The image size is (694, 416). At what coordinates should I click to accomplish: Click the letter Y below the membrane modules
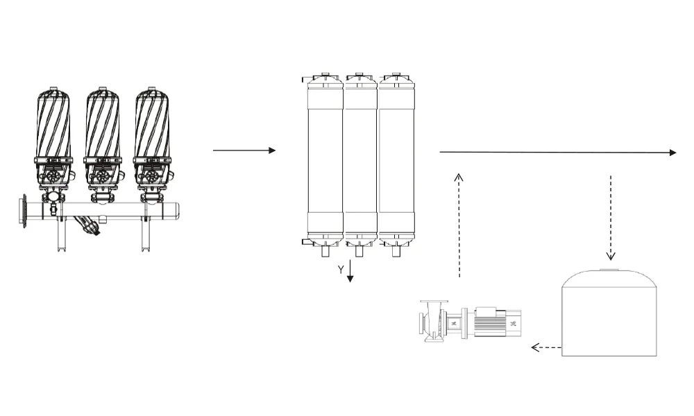tap(340, 270)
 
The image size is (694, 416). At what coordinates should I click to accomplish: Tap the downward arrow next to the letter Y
tap(350, 270)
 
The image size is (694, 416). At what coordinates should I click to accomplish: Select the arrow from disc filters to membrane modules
tap(244, 150)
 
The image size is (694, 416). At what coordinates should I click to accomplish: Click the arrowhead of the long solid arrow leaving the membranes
tap(673, 153)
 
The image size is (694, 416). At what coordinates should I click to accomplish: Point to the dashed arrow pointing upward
tap(459, 225)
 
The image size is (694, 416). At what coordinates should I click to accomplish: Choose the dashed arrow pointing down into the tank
tap(611, 218)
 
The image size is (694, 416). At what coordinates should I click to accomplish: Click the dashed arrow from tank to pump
tap(546, 347)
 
